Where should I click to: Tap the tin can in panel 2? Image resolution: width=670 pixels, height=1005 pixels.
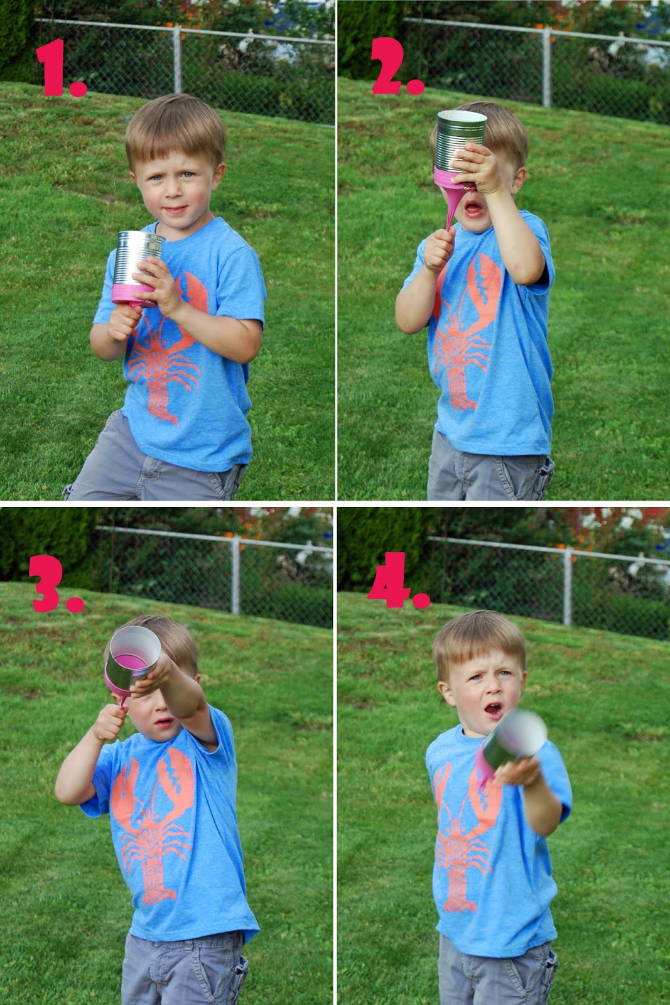(x=460, y=149)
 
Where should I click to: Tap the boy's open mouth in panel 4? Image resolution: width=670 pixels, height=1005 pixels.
(x=494, y=710)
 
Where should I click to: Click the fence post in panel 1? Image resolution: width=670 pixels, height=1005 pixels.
(x=177, y=59)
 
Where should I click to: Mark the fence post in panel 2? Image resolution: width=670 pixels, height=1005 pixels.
(x=546, y=67)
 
